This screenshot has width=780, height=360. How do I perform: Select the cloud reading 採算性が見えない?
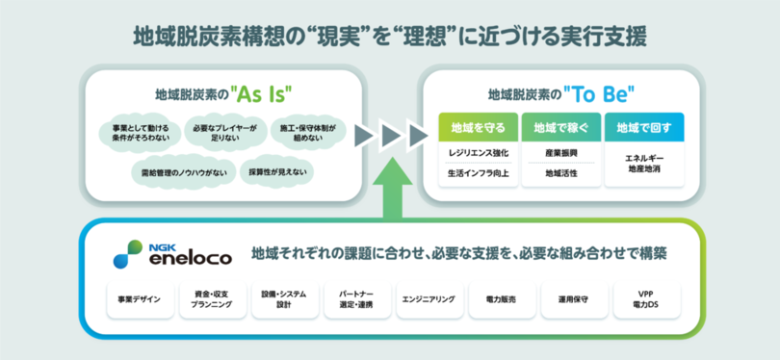click(277, 172)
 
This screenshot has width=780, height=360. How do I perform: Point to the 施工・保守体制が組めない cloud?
click(305, 132)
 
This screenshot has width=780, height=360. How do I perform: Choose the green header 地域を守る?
click(478, 128)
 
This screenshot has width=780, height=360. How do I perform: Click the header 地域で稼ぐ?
click(561, 128)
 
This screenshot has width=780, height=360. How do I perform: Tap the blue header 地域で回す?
click(644, 128)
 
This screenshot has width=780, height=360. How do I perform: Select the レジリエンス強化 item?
click(478, 153)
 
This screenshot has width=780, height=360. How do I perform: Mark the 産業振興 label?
click(561, 153)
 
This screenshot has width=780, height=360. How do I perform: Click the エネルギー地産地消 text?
click(644, 164)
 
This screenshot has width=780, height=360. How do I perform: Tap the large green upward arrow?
click(393, 187)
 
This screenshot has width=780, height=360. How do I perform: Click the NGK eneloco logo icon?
click(128, 253)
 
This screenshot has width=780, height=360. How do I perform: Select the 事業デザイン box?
click(141, 300)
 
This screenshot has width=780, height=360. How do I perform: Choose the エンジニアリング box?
click(429, 300)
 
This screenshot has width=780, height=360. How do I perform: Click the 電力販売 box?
click(502, 300)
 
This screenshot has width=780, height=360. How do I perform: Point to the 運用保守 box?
click(574, 300)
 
